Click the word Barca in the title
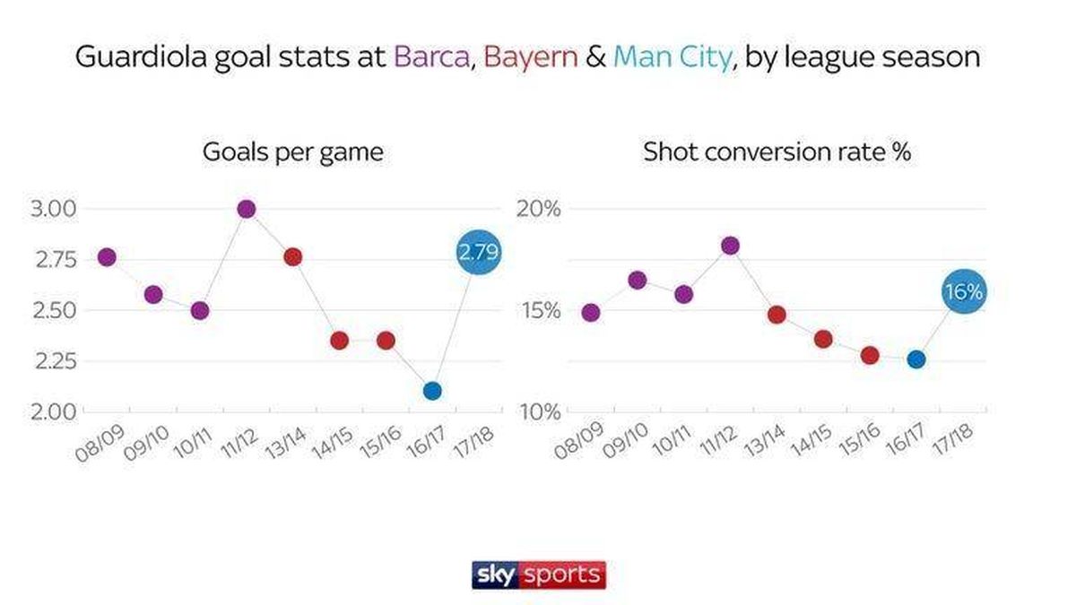coord(430,57)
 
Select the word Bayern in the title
coord(521,57)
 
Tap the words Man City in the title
coord(671,57)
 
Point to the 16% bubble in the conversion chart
coord(964,291)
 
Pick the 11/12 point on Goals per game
coord(247,209)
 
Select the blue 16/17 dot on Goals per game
coord(432,391)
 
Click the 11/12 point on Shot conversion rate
coord(730,246)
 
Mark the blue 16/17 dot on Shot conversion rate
coord(916,359)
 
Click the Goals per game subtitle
coord(292,151)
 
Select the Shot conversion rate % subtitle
coord(777,151)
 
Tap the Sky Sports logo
coord(538,575)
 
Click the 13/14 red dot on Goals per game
coord(292,257)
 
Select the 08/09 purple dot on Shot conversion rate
coord(591,313)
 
